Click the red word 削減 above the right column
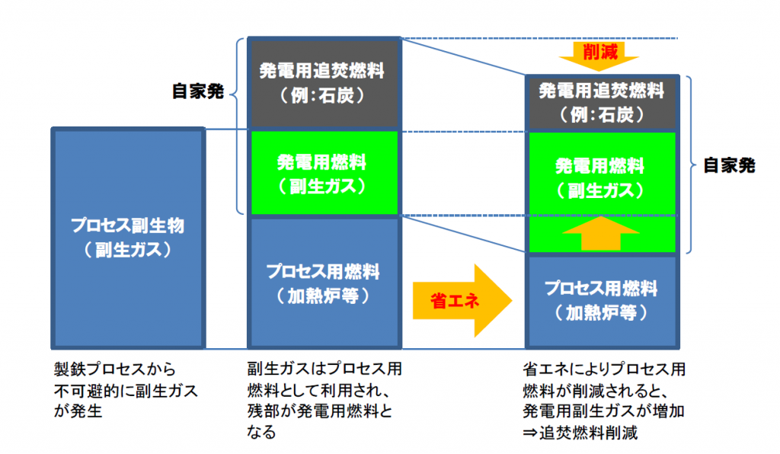(x=600, y=51)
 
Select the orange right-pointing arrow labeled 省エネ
(x=462, y=300)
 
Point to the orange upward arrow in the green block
(x=600, y=233)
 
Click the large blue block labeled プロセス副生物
(x=128, y=238)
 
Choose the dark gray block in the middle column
(x=324, y=83)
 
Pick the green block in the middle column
(x=324, y=173)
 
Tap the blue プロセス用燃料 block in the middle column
(x=324, y=283)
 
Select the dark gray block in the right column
(x=602, y=103)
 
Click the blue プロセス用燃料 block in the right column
(x=602, y=302)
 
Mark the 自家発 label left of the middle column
(x=198, y=91)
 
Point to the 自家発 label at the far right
(x=729, y=165)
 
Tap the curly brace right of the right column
(x=691, y=165)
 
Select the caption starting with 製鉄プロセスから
(x=126, y=390)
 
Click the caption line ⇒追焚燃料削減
(x=580, y=433)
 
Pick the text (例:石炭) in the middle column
(x=322, y=95)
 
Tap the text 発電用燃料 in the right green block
(x=600, y=166)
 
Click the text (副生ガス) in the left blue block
(x=128, y=249)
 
